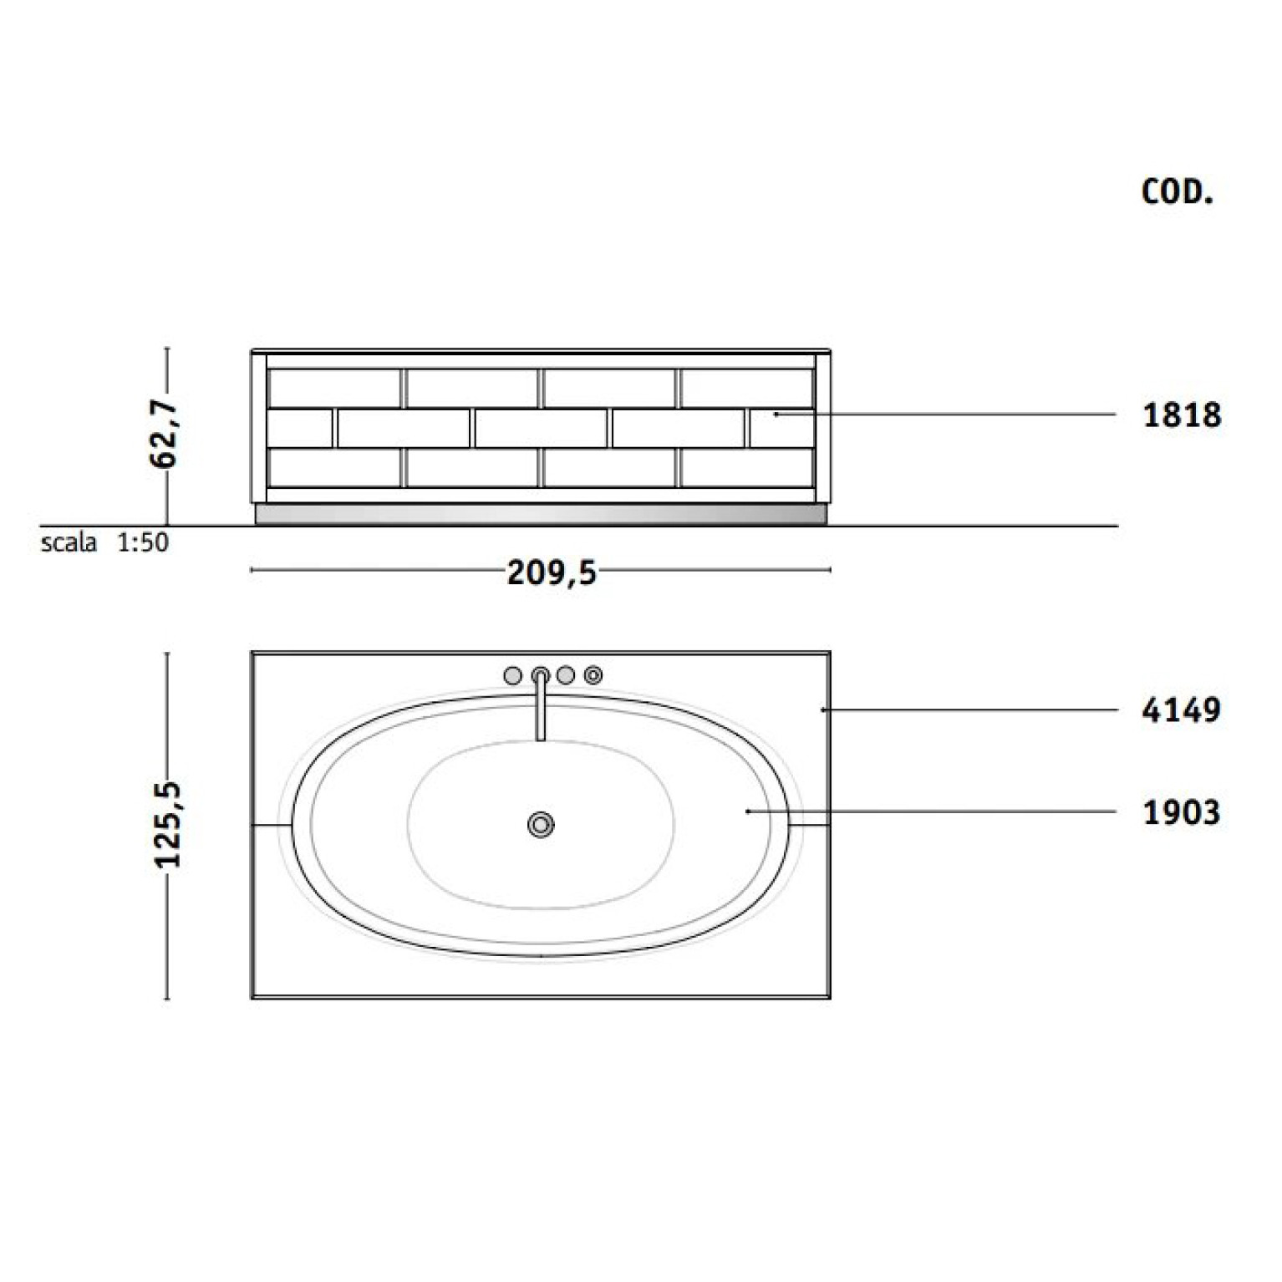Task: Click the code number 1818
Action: [x=1182, y=415]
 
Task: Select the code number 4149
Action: [x=1182, y=710]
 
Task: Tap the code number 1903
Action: [x=1182, y=811]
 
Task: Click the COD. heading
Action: [x=1177, y=192]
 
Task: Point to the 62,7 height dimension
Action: [x=164, y=434]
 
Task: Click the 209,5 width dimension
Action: [x=552, y=572]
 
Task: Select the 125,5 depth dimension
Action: [x=168, y=825]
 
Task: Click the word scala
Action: [x=69, y=542]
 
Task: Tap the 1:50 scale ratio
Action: [x=142, y=542]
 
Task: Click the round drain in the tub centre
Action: [x=541, y=825]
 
